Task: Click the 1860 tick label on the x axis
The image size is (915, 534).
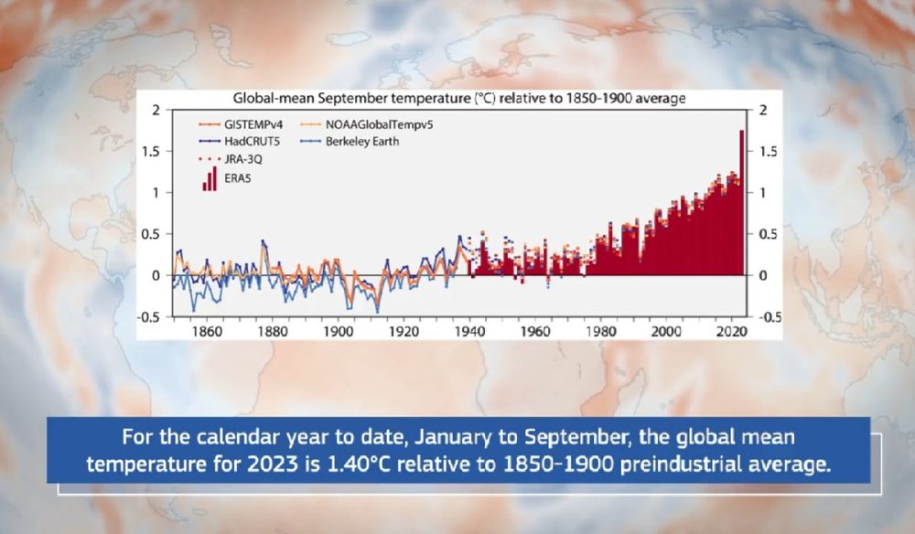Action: pos(209,332)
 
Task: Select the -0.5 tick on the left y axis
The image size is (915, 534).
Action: pos(150,317)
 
